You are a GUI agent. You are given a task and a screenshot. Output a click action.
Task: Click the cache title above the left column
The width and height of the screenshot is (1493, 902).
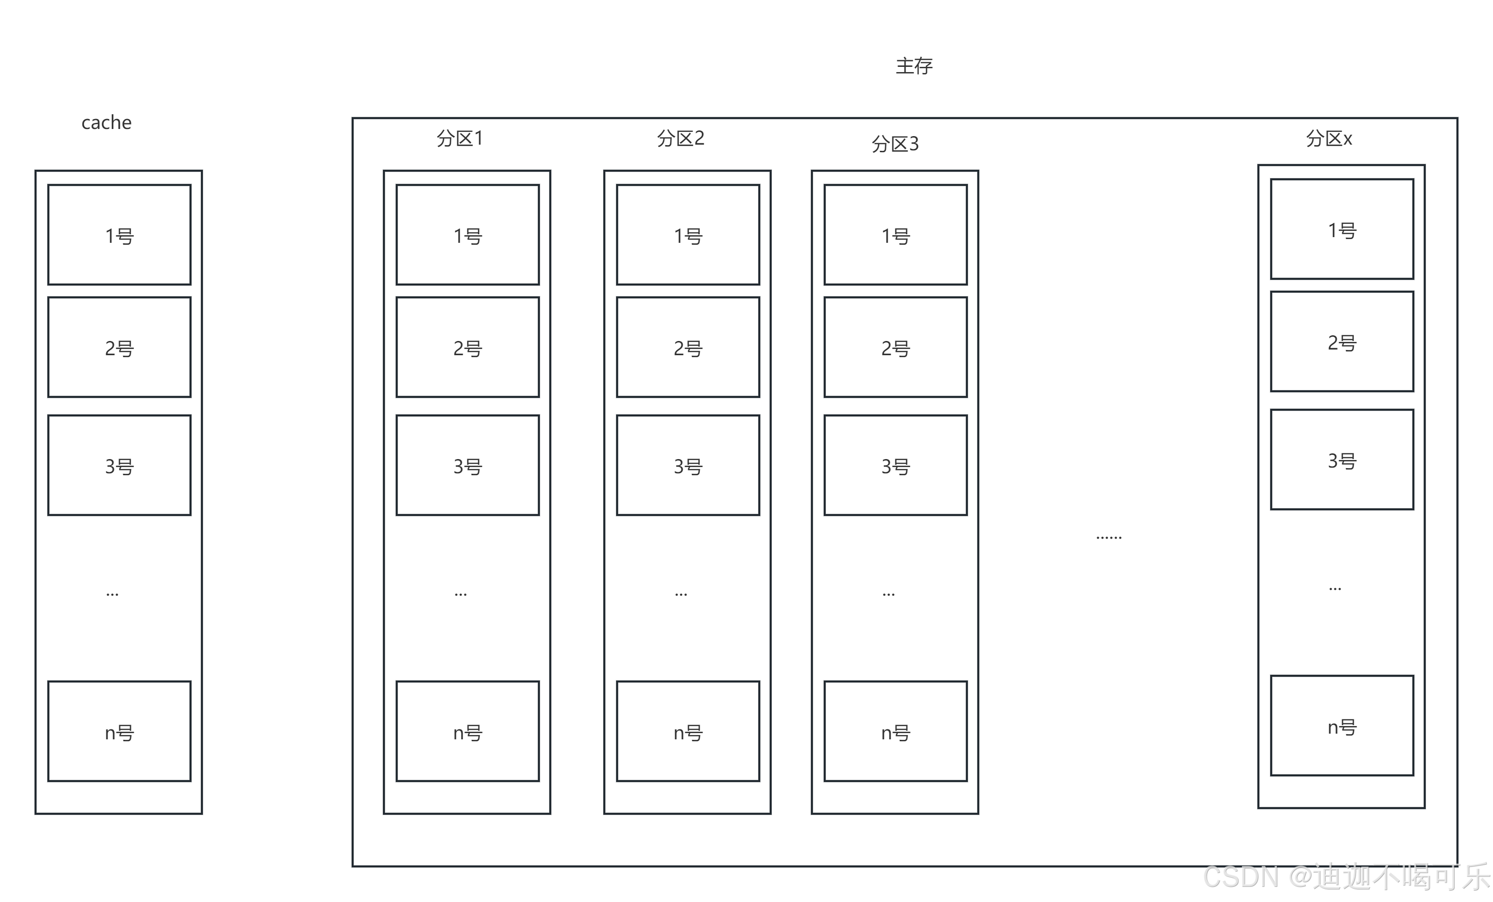107,122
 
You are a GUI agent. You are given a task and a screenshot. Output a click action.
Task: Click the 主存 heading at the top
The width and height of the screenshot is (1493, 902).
914,65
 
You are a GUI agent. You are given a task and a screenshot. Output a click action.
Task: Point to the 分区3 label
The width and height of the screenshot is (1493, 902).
895,144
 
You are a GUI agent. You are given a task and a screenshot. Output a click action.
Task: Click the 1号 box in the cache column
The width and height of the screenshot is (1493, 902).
119,235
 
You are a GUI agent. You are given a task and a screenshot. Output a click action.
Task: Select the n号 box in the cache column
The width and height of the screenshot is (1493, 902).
119,731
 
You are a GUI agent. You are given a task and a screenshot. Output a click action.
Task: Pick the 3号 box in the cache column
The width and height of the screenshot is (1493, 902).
119,465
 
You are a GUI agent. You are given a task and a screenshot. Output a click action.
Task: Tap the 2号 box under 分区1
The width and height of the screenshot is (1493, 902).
468,347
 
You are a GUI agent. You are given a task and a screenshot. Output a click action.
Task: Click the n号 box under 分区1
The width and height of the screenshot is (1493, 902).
468,731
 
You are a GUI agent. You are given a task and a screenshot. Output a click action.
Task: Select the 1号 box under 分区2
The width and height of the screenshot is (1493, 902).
688,235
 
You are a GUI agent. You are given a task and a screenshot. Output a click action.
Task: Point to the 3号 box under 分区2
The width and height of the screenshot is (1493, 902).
688,465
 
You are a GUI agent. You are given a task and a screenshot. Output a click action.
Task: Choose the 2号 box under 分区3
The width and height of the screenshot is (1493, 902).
895,347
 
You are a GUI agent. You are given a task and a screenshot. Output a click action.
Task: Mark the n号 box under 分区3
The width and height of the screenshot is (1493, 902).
895,731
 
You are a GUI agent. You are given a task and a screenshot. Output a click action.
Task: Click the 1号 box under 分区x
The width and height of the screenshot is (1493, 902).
1342,229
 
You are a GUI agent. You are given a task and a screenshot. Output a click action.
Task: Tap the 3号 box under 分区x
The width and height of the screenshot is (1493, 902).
1342,460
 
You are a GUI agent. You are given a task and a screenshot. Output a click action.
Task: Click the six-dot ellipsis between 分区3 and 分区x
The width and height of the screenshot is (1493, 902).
1109,536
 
